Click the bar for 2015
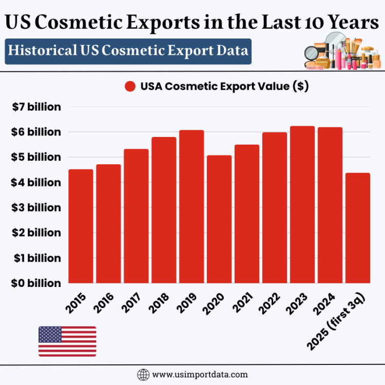(x=81, y=226)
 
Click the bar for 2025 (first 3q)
(x=358, y=228)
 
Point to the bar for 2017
(x=136, y=216)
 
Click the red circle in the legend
(x=130, y=87)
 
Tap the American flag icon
(x=67, y=341)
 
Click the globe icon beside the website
(x=143, y=374)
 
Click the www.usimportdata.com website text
(x=200, y=374)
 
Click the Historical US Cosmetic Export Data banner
(x=128, y=51)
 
